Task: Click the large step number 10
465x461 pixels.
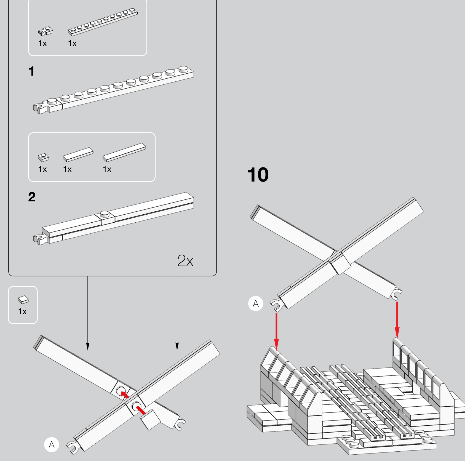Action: click(x=258, y=175)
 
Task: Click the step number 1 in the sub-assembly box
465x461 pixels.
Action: click(x=32, y=71)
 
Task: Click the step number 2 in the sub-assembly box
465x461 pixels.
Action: click(x=32, y=197)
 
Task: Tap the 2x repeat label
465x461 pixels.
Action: click(x=185, y=261)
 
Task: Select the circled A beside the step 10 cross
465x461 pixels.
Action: click(x=256, y=303)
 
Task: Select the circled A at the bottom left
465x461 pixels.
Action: click(x=52, y=444)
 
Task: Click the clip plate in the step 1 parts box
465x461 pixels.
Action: click(x=46, y=31)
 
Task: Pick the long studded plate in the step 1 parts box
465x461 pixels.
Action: click(x=103, y=22)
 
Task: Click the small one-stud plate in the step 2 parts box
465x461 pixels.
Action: click(x=43, y=157)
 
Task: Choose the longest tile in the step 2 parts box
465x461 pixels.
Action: click(x=124, y=152)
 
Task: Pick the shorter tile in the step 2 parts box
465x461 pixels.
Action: click(x=78, y=154)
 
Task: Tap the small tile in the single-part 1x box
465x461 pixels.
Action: click(x=23, y=300)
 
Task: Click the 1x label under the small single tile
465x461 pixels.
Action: click(x=22, y=311)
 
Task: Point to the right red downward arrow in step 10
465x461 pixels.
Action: click(x=397, y=320)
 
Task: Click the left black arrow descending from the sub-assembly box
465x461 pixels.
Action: click(x=88, y=313)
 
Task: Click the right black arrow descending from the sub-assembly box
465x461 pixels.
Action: click(x=177, y=313)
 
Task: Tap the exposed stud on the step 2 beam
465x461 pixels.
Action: click(x=105, y=214)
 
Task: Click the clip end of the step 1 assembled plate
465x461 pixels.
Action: click(x=41, y=108)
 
